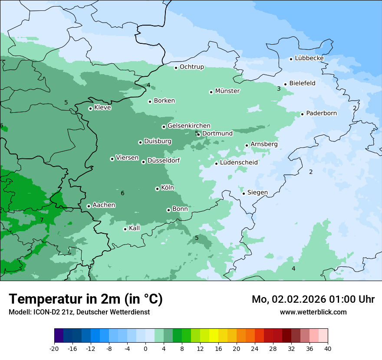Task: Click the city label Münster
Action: coord(227,91)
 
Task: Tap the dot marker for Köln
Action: coord(157,189)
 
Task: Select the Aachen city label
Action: coord(104,205)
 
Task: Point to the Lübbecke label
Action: coord(309,58)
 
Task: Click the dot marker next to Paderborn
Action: coord(302,115)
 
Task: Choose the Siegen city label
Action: coord(257,193)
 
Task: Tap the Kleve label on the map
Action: coord(102,108)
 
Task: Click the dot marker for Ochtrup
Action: coord(176,68)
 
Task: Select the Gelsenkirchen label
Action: coord(189,126)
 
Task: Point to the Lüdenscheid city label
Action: coord(239,163)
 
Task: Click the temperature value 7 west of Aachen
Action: coord(42,220)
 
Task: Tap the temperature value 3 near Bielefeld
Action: coord(279,89)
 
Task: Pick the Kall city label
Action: coord(135,228)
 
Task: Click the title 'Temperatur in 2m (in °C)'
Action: coord(86,299)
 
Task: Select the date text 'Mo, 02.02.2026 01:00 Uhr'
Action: coord(313,299)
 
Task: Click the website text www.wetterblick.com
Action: coord(313,312)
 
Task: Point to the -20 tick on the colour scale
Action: coord(54,348)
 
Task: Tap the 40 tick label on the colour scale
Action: coord(328,348)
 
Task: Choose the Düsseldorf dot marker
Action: coord(143,162)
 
